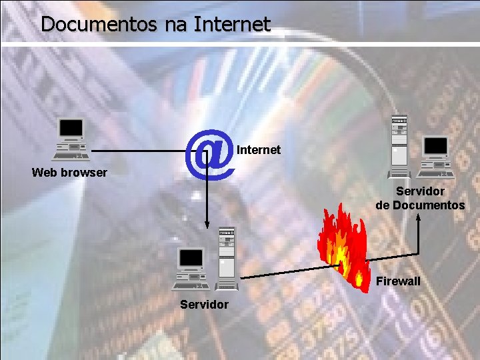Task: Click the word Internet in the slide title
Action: (232, 25)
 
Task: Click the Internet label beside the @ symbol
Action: (259, 150)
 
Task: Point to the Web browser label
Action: (69, 173)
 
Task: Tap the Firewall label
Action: (398, 281)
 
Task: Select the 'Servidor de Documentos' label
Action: (420, 198)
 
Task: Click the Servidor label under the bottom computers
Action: (205, 305)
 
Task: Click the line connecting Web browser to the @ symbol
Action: (140, 151)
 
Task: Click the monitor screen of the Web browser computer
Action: (71, 127)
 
